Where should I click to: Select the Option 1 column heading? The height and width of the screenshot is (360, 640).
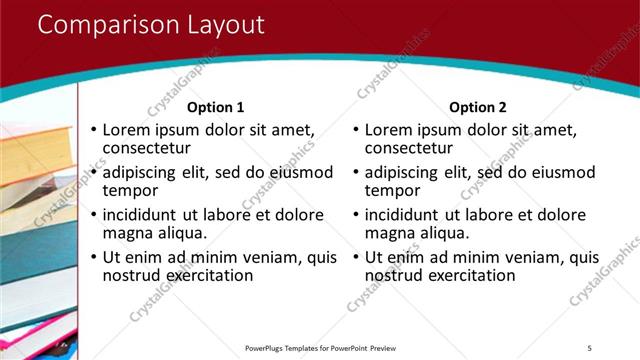[x=216, y=107]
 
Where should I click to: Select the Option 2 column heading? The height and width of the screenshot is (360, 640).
[x=478, y=107]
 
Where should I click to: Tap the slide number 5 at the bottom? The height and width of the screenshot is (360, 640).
[x=589, y=347]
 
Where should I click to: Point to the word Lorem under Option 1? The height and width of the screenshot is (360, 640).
[x=127, y=130]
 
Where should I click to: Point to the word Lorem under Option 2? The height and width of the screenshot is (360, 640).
[x=389, y=130]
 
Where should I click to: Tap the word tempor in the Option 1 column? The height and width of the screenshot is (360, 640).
[x=130, y=190]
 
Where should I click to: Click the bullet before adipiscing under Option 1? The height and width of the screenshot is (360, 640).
[x=93, y=172]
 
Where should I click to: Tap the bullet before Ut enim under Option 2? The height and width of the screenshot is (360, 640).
[x=355, y=257]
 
